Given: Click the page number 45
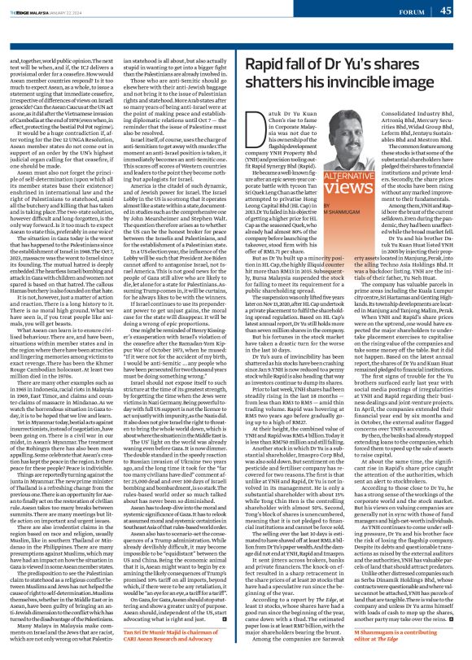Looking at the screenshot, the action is [457, 10].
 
